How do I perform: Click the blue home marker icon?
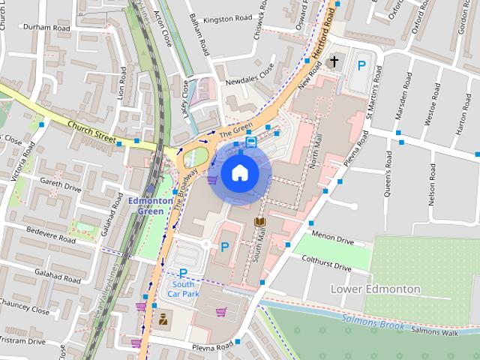tap(238, 173)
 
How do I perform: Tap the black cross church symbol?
tap(334, 59)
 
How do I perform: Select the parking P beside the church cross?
tap(361, 66)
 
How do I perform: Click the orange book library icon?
tap(259, 223)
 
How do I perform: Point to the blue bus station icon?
tap(250, 141)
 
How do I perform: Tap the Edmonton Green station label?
tap(145, 206)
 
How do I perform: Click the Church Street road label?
tap(91, 131)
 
